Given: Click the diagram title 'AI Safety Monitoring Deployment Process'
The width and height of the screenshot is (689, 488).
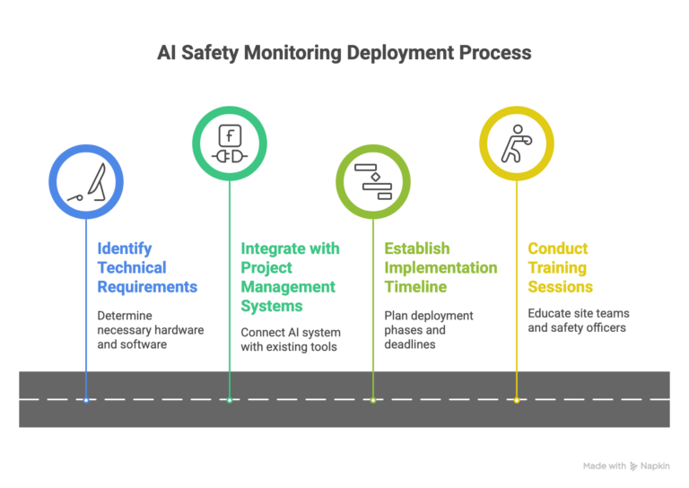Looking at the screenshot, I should (x=344, y=53).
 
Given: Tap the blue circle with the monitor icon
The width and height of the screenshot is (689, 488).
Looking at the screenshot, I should (x=86, y=181).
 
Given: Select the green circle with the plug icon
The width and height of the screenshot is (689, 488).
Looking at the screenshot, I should (x=230, y=144).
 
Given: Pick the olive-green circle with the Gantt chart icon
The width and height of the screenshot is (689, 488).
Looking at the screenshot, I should (x=373, y=181).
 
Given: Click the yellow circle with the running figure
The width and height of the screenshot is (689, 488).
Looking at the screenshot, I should (x=517, y=144).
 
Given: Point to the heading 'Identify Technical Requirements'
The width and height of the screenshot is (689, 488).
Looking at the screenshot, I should (x=147, y=267).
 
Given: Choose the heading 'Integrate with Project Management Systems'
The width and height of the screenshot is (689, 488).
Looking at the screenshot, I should (x=290, y=276).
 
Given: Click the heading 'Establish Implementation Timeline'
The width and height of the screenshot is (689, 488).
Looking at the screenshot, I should (x=440, y=267).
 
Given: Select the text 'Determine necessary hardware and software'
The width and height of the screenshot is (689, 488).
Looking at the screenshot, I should (x=150, y=329).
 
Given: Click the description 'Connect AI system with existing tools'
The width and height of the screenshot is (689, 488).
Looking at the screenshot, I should (x=289, y=339).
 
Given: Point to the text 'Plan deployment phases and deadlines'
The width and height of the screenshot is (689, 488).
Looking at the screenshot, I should (x=429, y=329).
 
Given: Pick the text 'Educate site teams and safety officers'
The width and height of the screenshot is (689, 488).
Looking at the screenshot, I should (x=580, y=320).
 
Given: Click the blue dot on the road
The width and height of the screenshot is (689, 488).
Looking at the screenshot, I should (x=86, y=399).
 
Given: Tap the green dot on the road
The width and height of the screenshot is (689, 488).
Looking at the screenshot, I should (x=230, y=399).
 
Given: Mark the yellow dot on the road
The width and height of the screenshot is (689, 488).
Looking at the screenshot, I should (x=517, y=399).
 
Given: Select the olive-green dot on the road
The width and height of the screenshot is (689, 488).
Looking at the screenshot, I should (x=373, y=399).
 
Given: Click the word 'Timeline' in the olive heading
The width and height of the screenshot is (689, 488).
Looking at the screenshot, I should (x=417, y=286).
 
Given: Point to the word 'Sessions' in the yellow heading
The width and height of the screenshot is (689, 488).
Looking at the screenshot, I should (x=560, y=286).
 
